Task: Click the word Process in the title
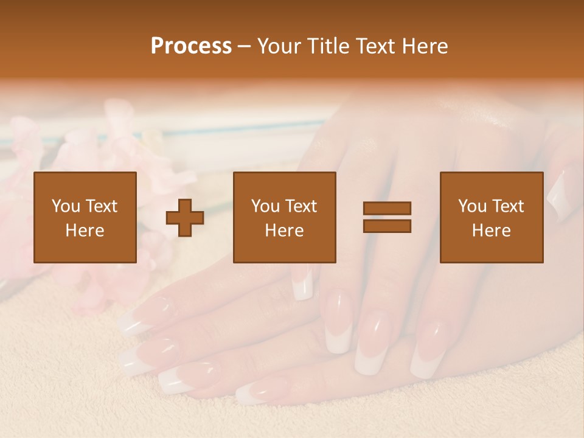click(x=191, y=46)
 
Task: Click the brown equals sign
click(x=387, y=217)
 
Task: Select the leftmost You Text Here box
click(x=85, y=217)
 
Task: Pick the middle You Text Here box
click(x=285, y=217)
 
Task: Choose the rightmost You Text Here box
click(x=492, y=217)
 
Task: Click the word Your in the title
click(x=280, y=46)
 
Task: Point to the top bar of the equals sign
click(x=387, y=209)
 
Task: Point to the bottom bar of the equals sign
click(x=387, y=226)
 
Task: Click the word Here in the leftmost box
click(x=85, y=231)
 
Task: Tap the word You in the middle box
click(x=265, y=206)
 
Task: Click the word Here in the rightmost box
click(x=492, y=231)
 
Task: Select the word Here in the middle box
click(x=285, y=231)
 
